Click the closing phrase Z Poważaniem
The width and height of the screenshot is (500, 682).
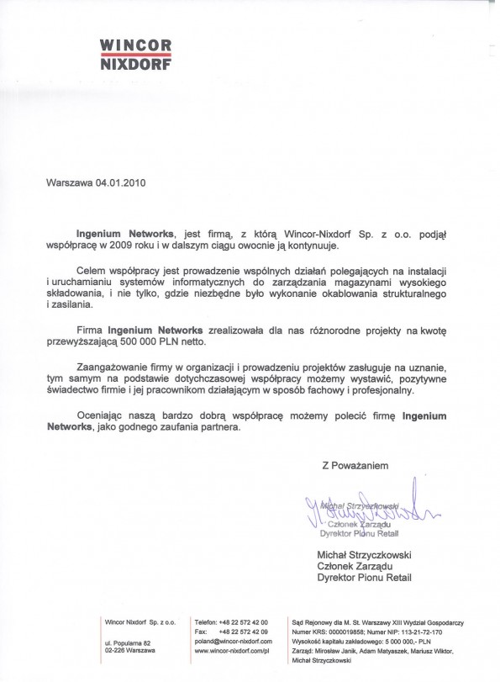pyautogui.click(x=355, y=464)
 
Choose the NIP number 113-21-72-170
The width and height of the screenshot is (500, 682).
pyautogui.click(x=419, y=632)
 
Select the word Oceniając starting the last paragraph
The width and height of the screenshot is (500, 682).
pyautogui.click(x=100, y=415)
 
